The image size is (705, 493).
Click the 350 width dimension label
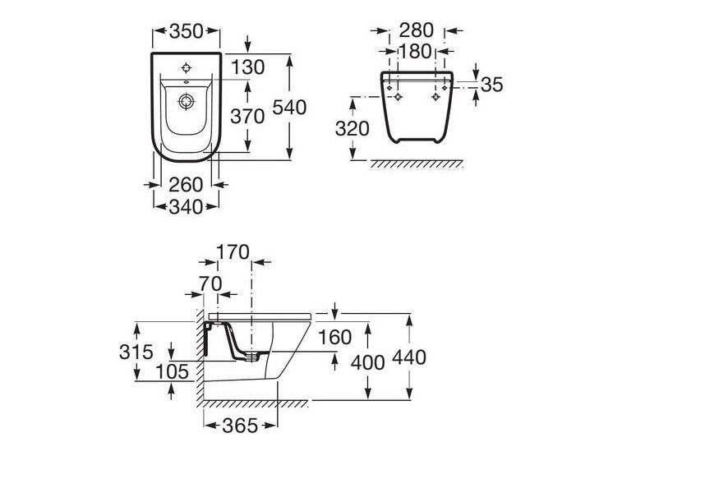[x=187, y=31]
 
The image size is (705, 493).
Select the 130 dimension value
[x=248, y=68]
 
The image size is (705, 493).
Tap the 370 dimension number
[x=247, y=117]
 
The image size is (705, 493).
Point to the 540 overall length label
[x=289, y=108]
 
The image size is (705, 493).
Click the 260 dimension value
[x=186, y=185]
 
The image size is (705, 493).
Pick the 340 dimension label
[x=186, y=207]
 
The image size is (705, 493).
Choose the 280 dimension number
[x=417, y=30]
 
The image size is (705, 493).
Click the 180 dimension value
[x=415, y=52]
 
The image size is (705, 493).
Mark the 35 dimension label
[x=491, y=85]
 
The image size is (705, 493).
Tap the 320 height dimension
[x=352, y=129]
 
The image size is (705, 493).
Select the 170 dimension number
[x=233, y=252]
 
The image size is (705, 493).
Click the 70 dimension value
[x=210, y=284]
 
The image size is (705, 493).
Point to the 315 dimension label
[x=136, y=352]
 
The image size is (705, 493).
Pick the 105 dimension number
[x=173, y=371]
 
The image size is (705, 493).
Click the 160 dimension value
[x=334, y=338]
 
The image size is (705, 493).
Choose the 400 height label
[x=368, y=362]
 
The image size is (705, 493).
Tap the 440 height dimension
[x=409, y=357]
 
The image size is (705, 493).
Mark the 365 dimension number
[x=240, y=426]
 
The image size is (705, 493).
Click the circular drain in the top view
[x=187, y=102]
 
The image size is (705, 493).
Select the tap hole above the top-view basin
[x=187, y=68]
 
